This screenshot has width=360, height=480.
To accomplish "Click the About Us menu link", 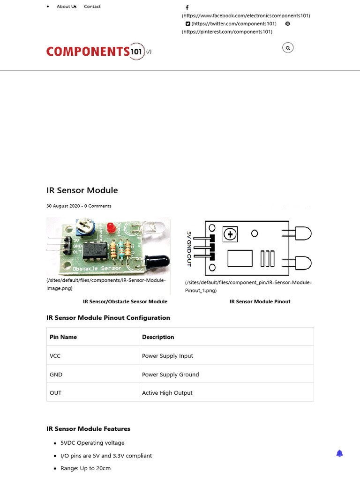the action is [66, 7].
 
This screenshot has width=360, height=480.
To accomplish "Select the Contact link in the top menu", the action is [92, 7].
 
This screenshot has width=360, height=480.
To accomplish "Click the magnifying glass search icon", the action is [288, 47].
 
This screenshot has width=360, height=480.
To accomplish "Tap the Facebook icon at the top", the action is [187, 7].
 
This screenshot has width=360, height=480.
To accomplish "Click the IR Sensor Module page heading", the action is [82, 190].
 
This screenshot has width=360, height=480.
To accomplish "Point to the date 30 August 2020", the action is [62, 206].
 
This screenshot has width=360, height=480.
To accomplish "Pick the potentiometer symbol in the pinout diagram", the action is [230, 234].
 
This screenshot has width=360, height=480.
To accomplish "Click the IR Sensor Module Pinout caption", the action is [260, 301].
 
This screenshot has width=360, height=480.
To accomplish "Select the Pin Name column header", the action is [63, 337].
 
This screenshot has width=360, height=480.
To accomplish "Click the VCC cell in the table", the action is [55, 356].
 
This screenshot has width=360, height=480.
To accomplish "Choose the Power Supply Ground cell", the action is [171, 375].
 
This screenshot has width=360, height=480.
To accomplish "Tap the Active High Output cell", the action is [167, 393].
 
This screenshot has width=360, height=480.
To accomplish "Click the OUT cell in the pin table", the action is [56, 393].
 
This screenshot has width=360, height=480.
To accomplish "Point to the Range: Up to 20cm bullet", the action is [85, 468].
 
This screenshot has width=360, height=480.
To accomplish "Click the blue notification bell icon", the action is [340, 453].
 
